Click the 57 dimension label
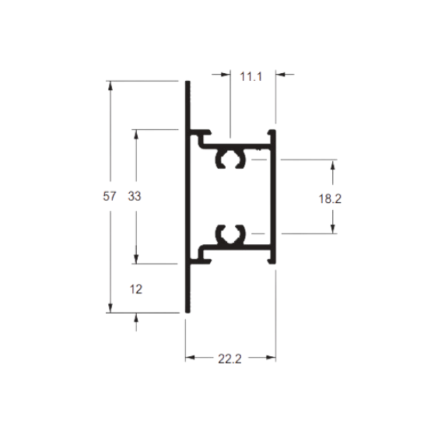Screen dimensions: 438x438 pos(109,196)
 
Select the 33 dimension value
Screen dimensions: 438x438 pos(135,196)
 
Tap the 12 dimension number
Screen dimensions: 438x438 pos(136,289)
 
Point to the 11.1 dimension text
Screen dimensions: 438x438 pos(251,76)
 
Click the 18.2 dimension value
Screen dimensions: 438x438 pos(330,199)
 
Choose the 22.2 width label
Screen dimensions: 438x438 pos(230,359)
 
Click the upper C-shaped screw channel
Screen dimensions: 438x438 pos(230,159)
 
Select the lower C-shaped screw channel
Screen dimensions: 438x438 pos(230,234)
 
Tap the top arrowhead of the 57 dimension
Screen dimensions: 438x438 pos(110,86)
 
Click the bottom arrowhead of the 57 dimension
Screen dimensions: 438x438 pos(110,308)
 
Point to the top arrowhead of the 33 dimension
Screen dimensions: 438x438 pos(136,134)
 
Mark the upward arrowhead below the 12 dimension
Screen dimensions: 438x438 pos(136,317)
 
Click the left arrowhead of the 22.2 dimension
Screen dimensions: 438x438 pos(190,357)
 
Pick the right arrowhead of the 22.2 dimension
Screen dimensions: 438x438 pos(272,357)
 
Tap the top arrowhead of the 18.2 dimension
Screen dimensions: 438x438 pos(333,164)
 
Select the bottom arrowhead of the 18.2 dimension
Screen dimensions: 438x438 pos(333,229)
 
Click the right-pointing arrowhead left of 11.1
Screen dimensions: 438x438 pos(226,75)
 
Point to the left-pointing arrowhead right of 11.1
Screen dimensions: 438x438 pos(280,75)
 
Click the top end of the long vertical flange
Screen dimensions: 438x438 pos(188,82)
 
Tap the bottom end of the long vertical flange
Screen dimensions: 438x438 pos(188,312)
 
